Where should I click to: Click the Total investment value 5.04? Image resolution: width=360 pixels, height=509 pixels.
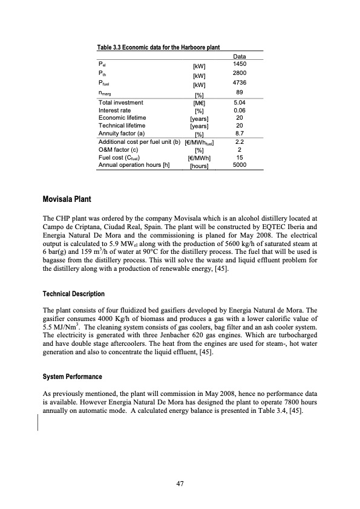pyautogui.click(x=240, y=103)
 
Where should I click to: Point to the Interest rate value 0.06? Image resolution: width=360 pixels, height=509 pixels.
pyautogui.click(x=240, y=111)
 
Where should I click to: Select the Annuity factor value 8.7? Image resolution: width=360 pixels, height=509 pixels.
pyautogui.click(x=240, y=131)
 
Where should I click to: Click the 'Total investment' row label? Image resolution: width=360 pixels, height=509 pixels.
pyautogui.click(x=120, y=103)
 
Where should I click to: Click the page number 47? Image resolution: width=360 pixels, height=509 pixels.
pyautogui.click(x=180, y=483)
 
